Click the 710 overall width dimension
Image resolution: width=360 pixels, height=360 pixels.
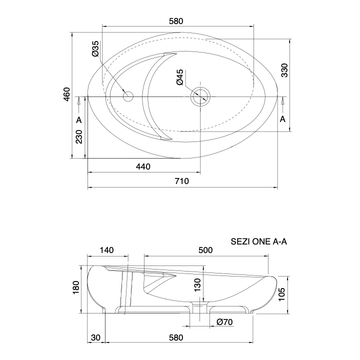(182, 181)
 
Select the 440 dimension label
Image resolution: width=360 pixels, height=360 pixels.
(143, 166)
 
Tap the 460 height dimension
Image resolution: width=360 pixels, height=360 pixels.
(66, 94)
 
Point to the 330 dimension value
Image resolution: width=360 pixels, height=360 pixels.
(284, 70)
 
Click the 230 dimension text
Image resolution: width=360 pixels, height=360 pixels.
(79, 137)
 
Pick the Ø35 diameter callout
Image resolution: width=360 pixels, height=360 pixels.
(95, 48)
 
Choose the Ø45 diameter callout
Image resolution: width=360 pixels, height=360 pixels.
(180, 77)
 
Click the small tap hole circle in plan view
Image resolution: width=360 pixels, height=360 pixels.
(128, 96)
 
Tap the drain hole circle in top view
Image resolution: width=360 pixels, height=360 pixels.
(200, 96)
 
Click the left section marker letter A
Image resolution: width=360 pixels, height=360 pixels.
(79, 120)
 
